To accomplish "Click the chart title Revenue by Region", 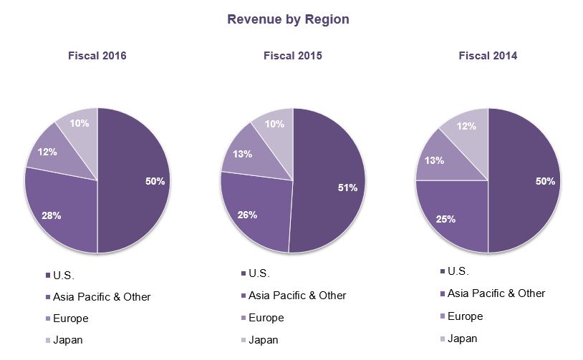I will (288, 19).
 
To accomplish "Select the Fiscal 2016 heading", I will (97, 56).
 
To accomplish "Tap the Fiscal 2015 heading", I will (292, 56).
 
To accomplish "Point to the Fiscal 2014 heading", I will (488, 56).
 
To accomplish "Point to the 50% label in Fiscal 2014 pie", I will (544, 182).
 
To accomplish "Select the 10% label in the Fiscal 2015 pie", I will (274, 124).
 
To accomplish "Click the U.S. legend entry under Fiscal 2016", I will (64, 275).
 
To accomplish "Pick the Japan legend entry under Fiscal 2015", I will (263, 340).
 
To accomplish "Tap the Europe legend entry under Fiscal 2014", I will (465, 316).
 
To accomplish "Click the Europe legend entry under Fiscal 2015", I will (266, 318).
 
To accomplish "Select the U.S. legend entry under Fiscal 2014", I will (458, 271).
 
